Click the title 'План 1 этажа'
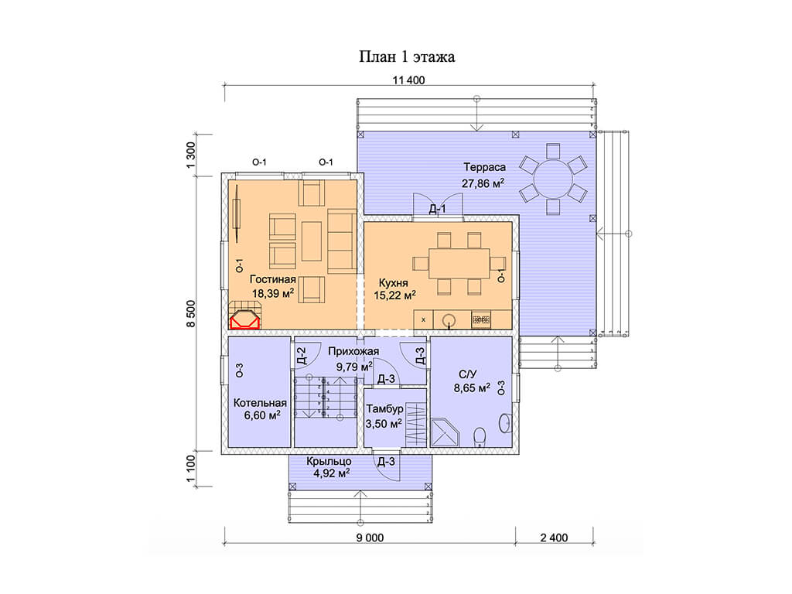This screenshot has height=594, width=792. coord(407,56)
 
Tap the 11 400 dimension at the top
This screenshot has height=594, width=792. coord(408,80)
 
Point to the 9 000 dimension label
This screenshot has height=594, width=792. coord(370,538)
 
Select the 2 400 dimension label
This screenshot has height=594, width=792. coord(554,538)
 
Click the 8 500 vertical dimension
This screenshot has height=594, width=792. coord(191,314)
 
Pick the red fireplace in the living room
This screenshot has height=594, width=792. coord(245,321)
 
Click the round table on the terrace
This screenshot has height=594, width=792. coord(554,179)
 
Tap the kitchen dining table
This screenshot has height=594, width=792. coord(459,263)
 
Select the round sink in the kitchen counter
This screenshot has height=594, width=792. coord(449,319)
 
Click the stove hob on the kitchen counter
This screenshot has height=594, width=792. coord(481,319)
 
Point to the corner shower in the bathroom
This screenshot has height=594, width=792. coord(445,432)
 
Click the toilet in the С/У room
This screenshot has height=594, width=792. coord(480,436)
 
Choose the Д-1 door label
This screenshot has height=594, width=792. coord(438,209)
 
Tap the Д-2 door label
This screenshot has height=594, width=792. coord(302,356)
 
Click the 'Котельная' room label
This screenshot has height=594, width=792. coord(260,403)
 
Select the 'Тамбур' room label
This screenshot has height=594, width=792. coord(384,408)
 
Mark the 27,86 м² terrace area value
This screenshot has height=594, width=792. coord(483,183)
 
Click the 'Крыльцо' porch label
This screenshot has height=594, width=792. coord(329,461)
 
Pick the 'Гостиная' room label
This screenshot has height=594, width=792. coord(273,279)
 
